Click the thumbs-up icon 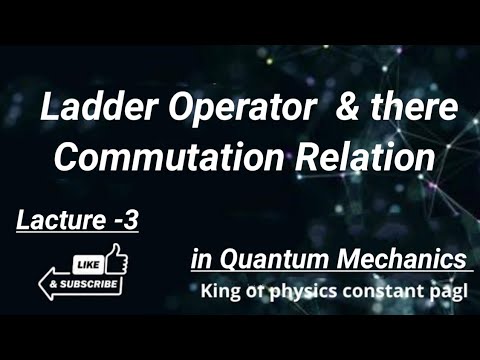click(x=114, y=258)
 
